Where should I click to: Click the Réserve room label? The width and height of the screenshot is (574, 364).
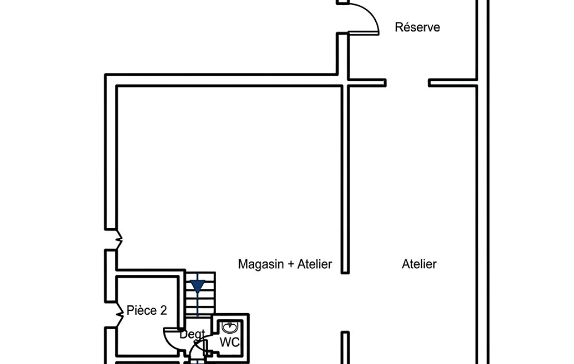(417, 27)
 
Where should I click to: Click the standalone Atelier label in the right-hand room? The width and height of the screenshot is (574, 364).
(419, 264)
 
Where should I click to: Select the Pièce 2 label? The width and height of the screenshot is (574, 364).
(147, 311)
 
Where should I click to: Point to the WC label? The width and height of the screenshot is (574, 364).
(230, 342)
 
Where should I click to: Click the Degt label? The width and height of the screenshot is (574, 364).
(192, 334)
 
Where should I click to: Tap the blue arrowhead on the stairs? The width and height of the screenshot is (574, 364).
(198, 286)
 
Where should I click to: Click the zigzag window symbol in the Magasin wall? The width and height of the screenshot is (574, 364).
(119, 240)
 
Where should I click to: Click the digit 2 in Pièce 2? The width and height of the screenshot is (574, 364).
(164, 311)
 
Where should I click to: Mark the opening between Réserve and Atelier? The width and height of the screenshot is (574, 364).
(407, 83)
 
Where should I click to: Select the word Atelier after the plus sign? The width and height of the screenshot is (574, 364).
(315, 264)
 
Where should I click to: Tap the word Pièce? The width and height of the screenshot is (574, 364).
(142, 311)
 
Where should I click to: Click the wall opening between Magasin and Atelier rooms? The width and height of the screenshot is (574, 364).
(345, 302)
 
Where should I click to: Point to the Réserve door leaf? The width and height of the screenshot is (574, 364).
(363, 34)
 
